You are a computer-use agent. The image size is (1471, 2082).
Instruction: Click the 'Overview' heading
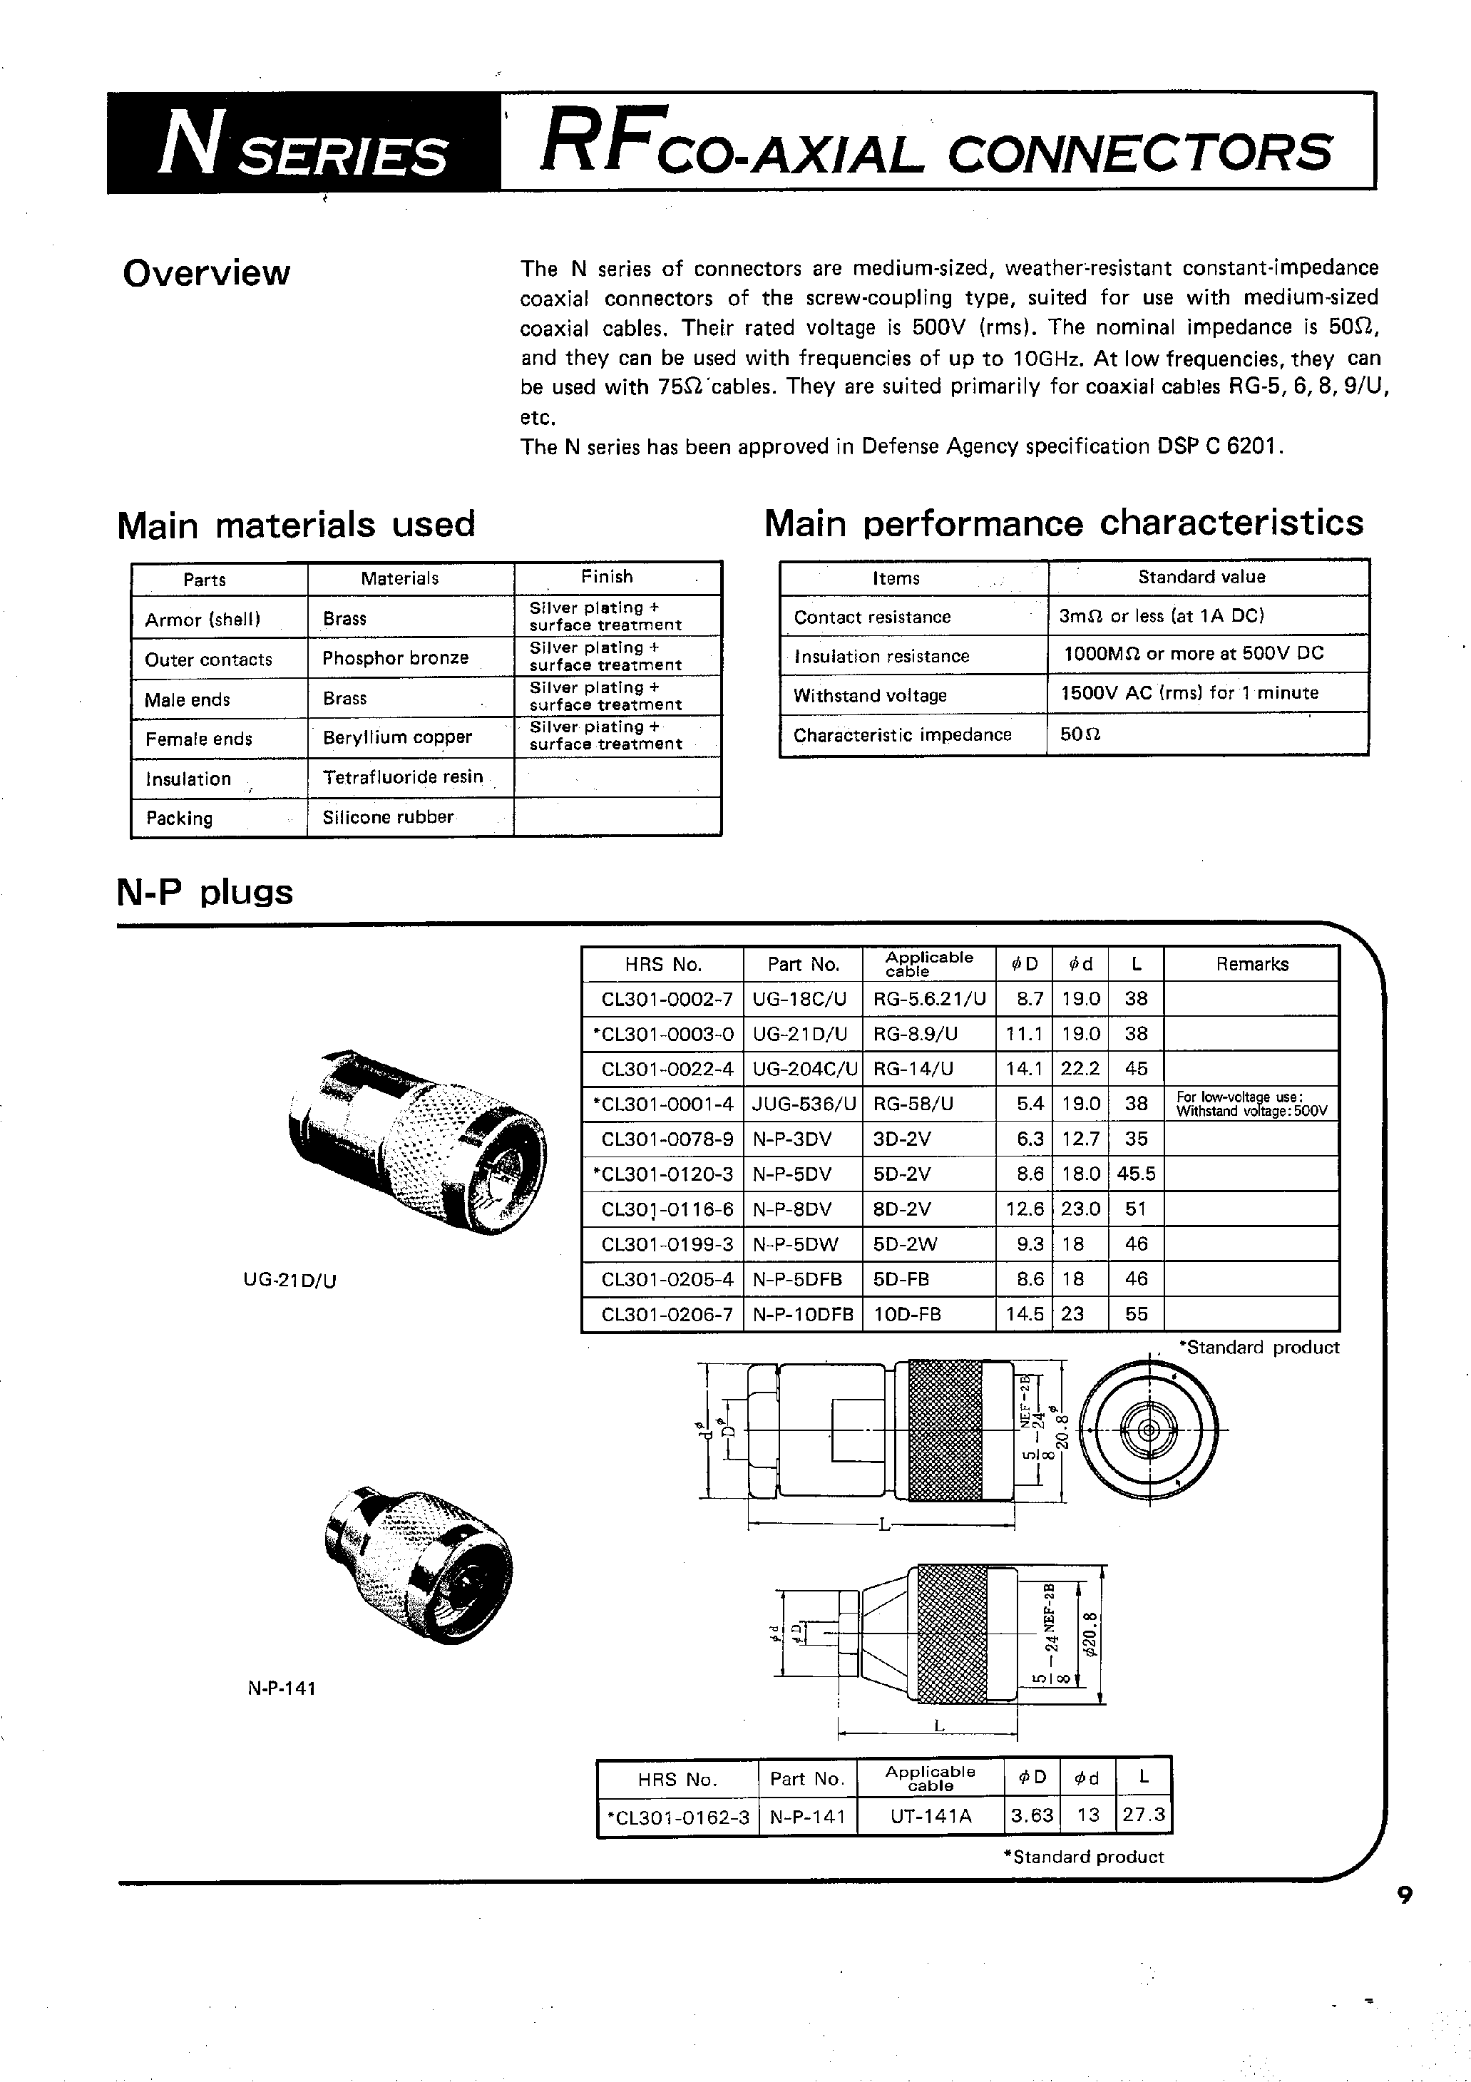coord(207,273)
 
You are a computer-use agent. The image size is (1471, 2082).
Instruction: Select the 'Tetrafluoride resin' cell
coord(403,777)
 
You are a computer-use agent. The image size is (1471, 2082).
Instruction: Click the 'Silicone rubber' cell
coord(388,817)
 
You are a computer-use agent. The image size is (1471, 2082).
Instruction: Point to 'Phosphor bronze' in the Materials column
coord(396,658)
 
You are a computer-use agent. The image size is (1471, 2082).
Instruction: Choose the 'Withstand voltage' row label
coord(870,695)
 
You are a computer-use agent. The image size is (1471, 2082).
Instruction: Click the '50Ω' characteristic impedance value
coord(1080,734)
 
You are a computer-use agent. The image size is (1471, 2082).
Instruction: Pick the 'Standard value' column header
coord(1201,578)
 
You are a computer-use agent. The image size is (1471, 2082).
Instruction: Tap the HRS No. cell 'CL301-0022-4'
coord(667,1069)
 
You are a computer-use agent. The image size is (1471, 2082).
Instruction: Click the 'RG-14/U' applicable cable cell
coord(913,1069)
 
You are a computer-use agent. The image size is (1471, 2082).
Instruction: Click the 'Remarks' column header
coord(1251,965)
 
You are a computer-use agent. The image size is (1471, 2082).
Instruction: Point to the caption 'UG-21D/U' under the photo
coord(290,1281)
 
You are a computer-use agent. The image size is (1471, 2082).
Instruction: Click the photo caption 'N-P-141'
coord(281,1688)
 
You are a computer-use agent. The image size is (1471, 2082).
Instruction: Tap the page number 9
coord(1404,1922)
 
